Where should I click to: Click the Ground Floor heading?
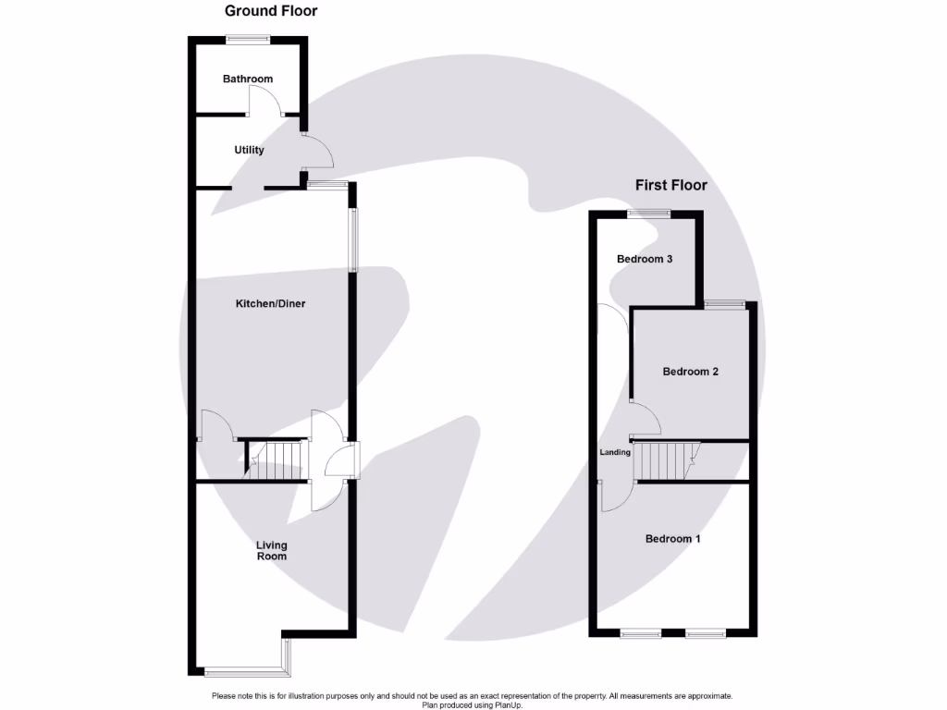pos(271,11)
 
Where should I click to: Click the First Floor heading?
pos(670,185)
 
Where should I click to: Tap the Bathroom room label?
pos(248,79)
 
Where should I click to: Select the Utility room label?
pos(249,150)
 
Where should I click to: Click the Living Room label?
pos(271,551)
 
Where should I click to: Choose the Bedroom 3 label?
pos(645,259)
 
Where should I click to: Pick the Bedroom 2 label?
pos(690,372)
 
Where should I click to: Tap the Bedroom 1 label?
pos(672,538)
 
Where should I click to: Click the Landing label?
pos(615,452)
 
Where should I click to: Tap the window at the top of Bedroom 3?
pos(647,214)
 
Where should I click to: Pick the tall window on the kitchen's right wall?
pos(352,240)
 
